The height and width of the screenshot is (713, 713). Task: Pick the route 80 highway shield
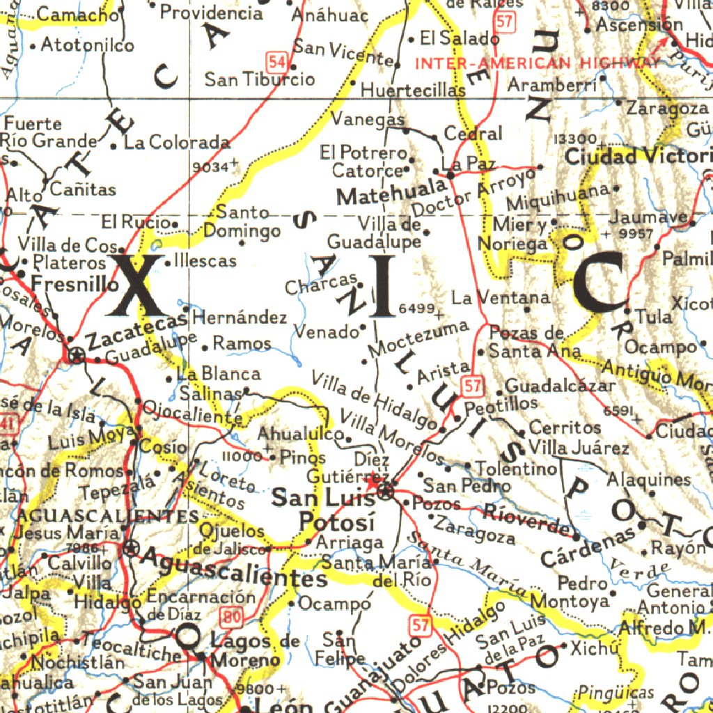point(233,616)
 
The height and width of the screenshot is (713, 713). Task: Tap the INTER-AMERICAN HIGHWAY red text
point(535,63)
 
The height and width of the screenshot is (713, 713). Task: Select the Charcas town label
point(321,284)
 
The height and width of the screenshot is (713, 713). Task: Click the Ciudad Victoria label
point(638,156)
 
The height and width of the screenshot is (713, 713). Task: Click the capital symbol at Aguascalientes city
point(130,549)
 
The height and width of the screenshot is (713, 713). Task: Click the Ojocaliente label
point(188,409)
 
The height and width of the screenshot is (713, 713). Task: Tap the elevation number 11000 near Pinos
point(241,457)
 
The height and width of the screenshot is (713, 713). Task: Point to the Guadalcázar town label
point(560,385)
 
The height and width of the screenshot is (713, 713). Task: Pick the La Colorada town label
point(178,143)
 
